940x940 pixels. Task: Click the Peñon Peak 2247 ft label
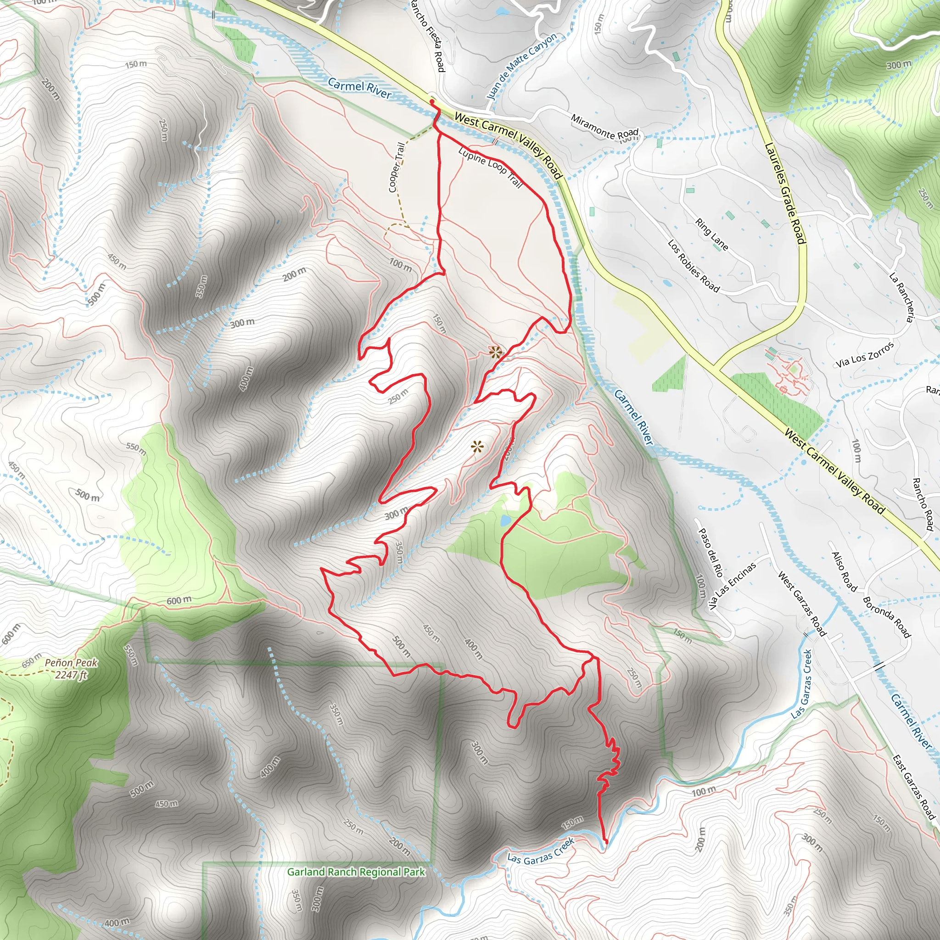[71, 668]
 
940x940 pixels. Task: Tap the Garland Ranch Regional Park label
[356, 872]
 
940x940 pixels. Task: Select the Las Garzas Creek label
[541, 850]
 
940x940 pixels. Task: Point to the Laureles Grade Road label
[785, 193]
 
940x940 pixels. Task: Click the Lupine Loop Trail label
[490, 167]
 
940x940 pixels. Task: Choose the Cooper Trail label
[397, 167]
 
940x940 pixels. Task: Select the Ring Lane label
[712, 235]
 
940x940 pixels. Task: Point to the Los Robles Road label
[694, 266]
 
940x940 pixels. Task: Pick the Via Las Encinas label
[732, 586]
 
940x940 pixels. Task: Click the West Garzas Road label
[802, 603]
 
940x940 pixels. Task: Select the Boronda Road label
[886, 616]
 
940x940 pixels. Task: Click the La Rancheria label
[903, 297]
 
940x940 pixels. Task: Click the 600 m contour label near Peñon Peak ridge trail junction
[179, 601]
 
